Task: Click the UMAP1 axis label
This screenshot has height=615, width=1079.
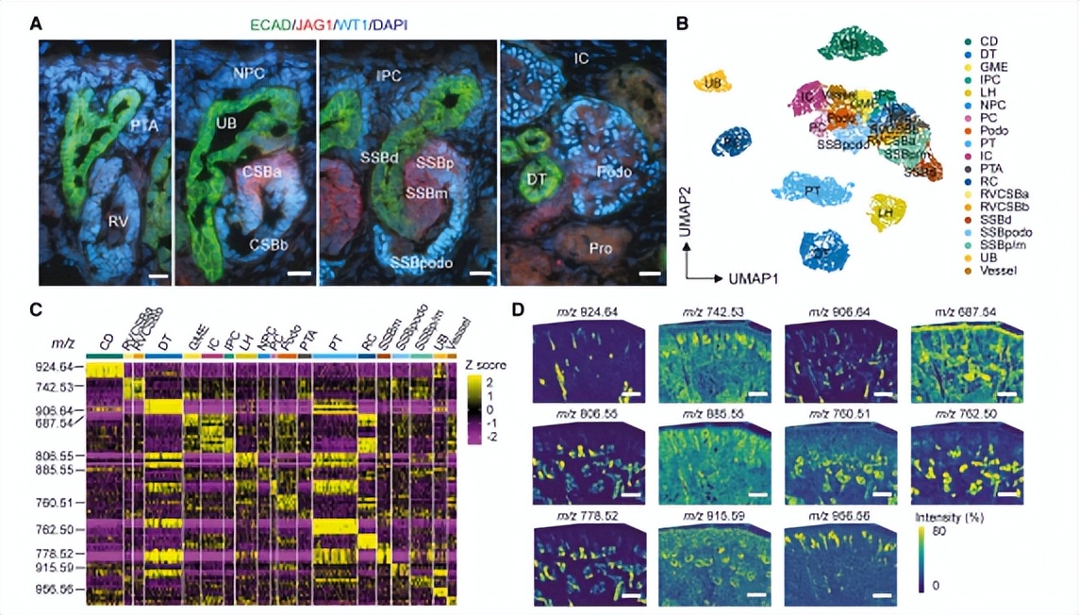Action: click(753, 278)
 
